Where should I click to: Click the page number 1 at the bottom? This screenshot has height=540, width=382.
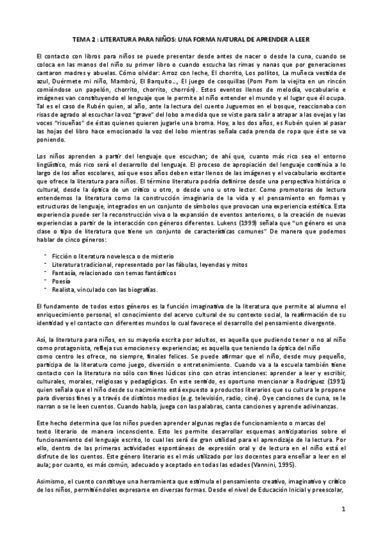pyautogui.click(x=342, y=509)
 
